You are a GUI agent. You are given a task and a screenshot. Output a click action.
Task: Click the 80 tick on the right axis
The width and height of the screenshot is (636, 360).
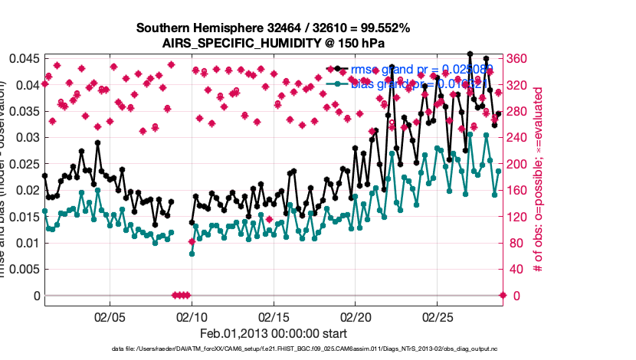[517, 243]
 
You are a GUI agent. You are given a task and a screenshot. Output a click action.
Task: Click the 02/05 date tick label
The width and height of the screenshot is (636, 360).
[109, 316]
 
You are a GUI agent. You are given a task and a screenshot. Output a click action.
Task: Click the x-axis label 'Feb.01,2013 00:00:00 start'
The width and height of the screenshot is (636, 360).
[273, 334]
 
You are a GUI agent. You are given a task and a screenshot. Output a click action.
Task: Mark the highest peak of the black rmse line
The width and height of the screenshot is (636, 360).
[469, 54]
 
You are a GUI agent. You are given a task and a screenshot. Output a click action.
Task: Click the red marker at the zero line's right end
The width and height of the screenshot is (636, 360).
[503, 296]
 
